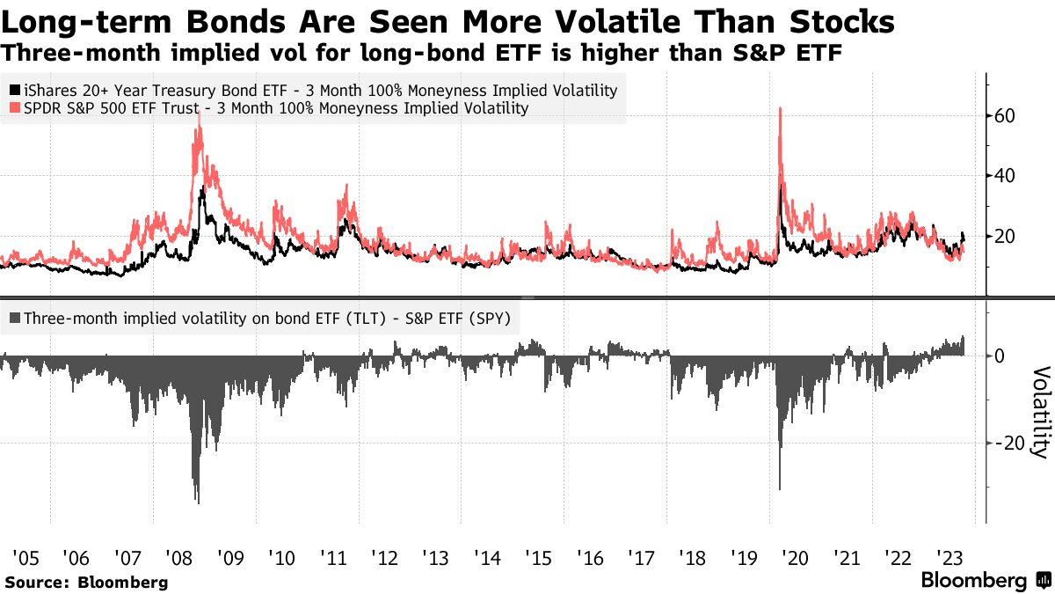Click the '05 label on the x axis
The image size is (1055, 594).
25,558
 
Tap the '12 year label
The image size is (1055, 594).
385,558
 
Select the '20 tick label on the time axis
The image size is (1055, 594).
796,558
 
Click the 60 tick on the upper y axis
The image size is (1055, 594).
1004,116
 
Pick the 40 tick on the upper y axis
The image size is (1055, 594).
1004,176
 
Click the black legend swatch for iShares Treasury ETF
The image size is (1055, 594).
15,90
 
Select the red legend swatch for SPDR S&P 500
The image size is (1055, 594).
15,108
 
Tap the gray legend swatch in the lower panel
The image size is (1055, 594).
15,319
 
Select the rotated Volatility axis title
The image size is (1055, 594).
1042,412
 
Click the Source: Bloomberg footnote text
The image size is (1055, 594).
87,583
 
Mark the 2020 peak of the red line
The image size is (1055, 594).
781,108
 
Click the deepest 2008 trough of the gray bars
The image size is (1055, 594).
199,502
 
